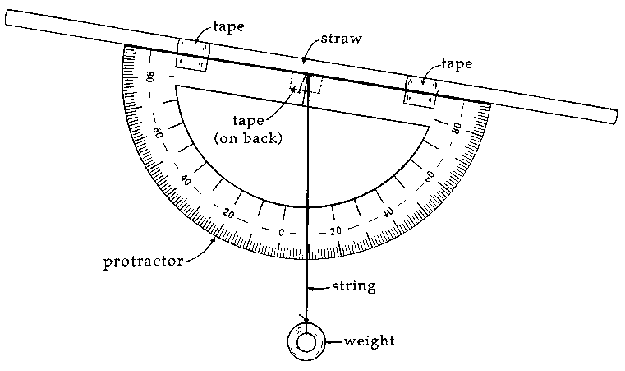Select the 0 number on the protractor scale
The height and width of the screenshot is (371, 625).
(282, 232)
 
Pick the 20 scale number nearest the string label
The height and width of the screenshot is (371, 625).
(334, 230)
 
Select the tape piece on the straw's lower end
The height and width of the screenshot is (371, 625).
(421, 90)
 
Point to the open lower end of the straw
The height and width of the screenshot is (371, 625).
(615, 117)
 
